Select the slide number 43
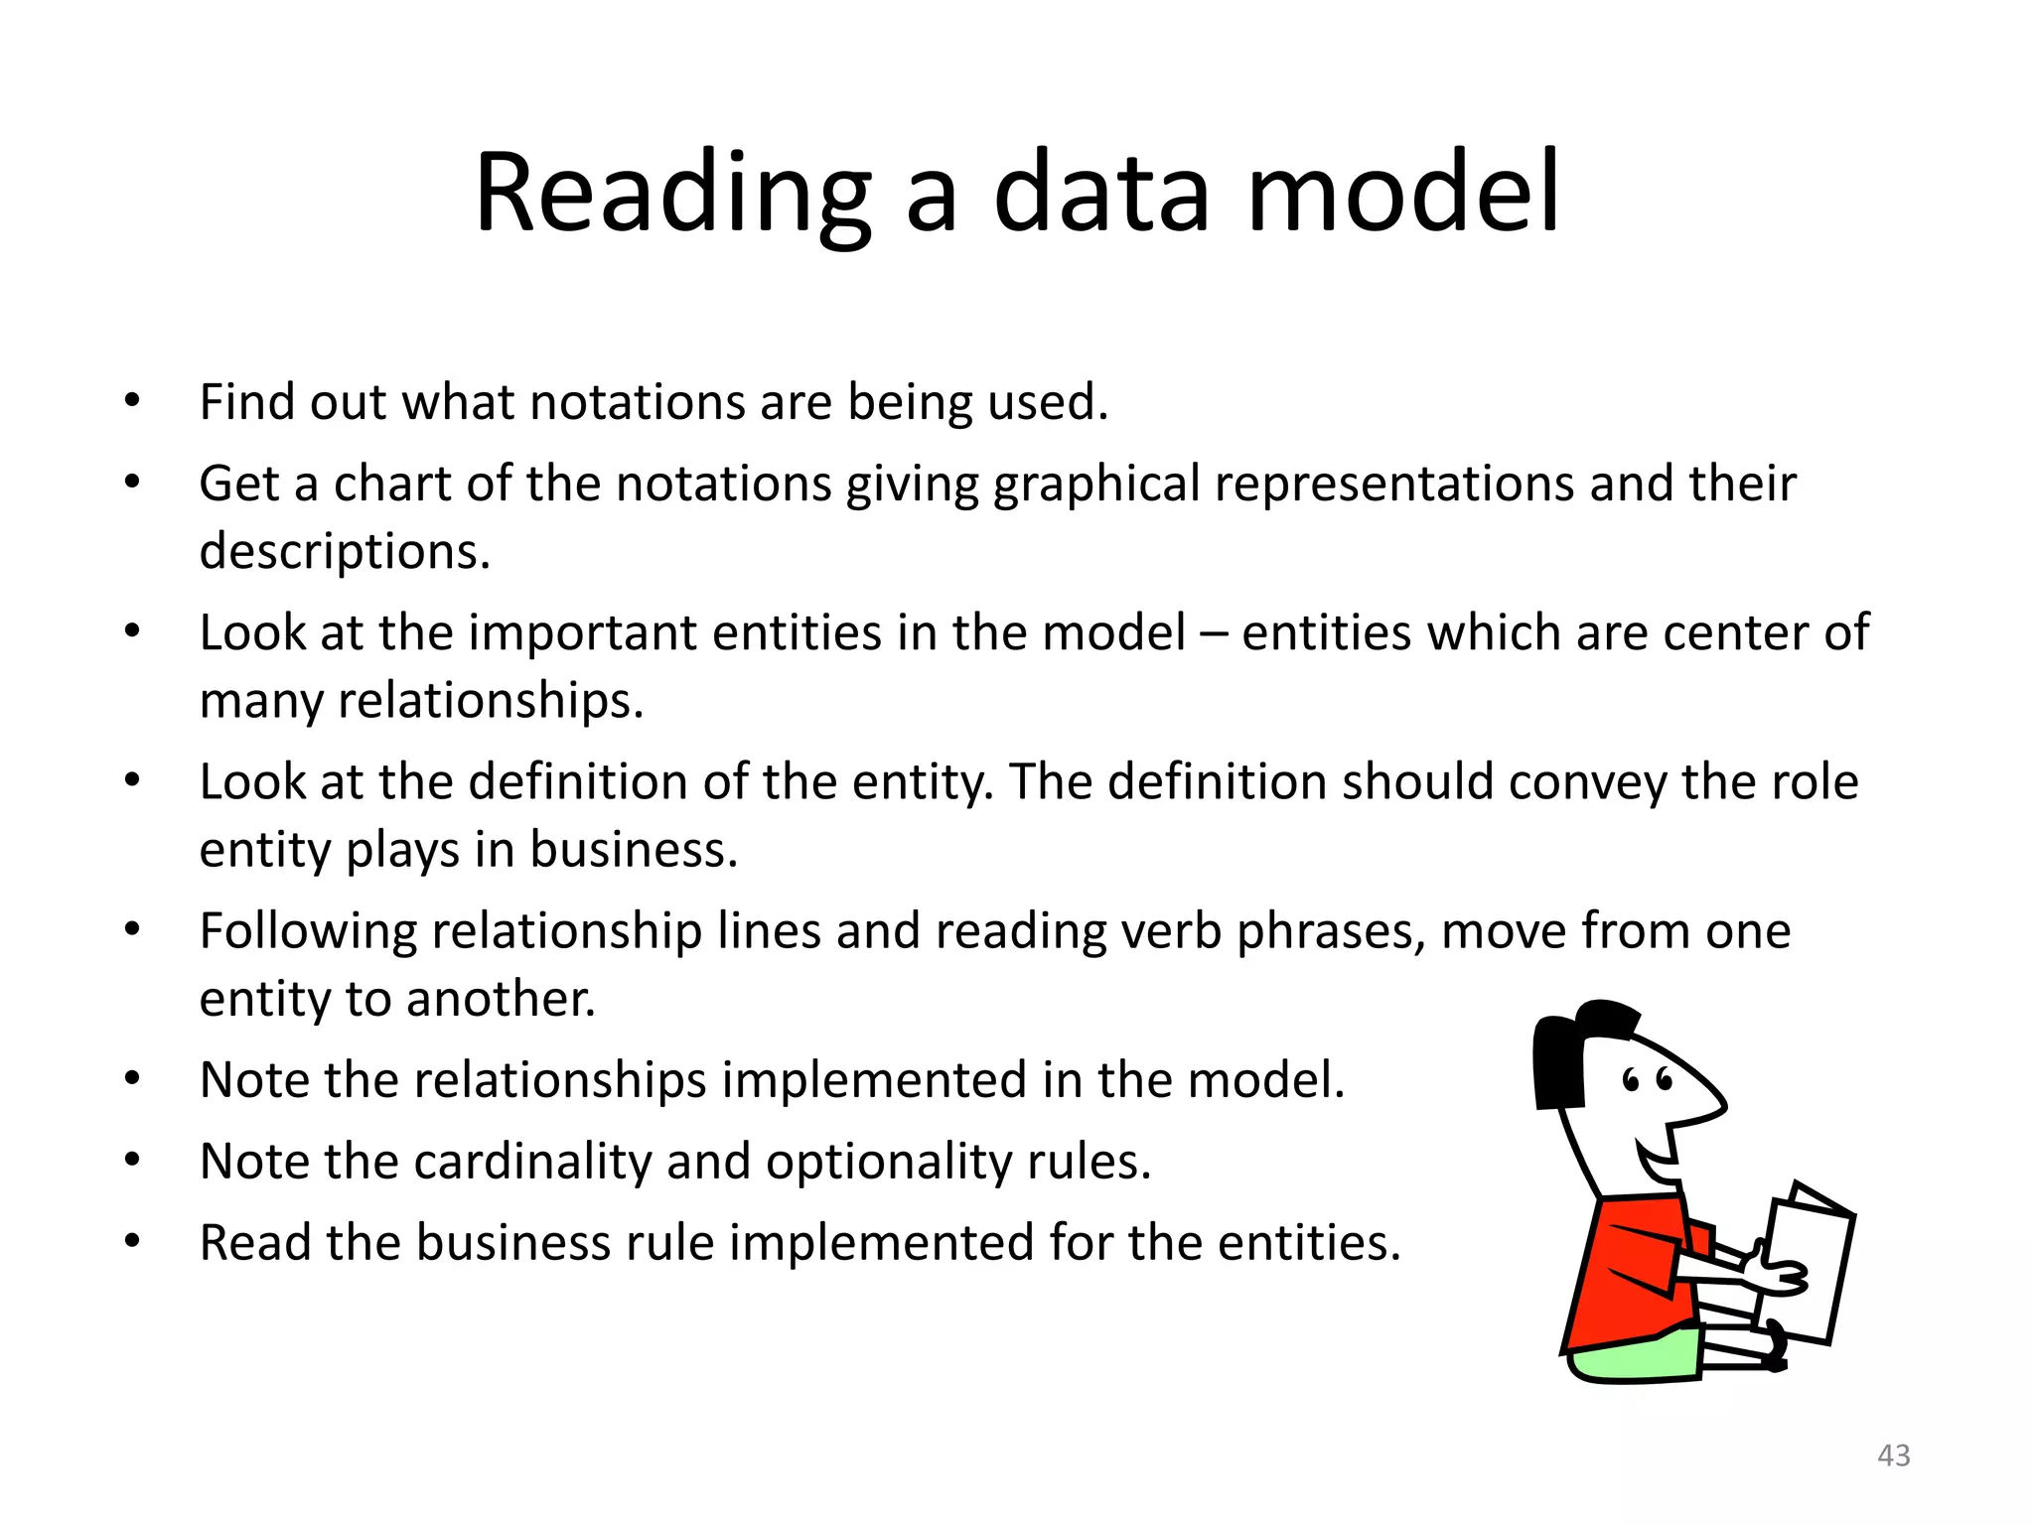(1894, 1456)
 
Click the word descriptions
(344, 552)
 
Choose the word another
(501, 999)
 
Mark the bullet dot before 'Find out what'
(132, 402)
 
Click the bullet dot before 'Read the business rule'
(132, 1242)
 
